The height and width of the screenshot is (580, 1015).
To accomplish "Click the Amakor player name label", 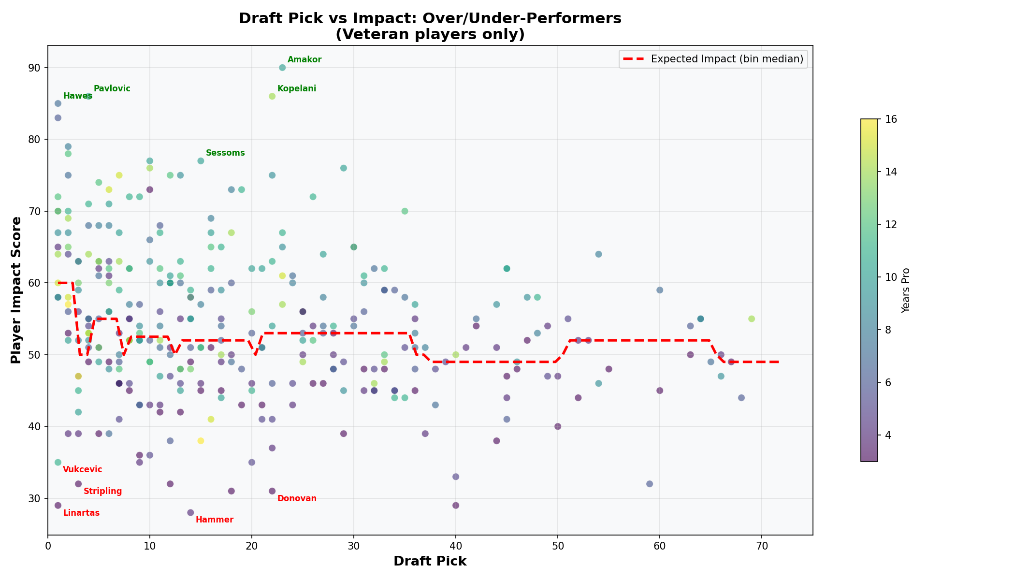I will coord(304,60).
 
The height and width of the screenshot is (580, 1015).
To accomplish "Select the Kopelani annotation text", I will coord(296,89).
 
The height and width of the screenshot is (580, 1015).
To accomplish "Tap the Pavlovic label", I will coord(112,89).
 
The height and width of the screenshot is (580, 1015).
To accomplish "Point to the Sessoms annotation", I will coord(225,153).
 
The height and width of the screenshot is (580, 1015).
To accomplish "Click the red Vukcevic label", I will coord(82,470).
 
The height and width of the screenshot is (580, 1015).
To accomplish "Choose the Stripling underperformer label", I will coord(102,492).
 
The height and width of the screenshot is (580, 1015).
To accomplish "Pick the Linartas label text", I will coord(81,513).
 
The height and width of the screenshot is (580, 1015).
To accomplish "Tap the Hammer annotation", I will coord(214,520).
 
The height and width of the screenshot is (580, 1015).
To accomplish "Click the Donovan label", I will coord(297,499).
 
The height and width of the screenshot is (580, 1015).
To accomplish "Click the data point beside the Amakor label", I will coord(282,68).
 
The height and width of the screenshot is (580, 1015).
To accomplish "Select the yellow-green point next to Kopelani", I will coord(272,96).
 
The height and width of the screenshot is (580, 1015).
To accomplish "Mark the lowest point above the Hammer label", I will coord(190,513).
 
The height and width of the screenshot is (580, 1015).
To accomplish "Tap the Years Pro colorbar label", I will coord(906,290).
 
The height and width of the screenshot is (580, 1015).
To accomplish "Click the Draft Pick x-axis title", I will coord(430,561).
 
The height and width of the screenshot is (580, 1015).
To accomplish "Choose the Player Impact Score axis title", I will coord(16,290).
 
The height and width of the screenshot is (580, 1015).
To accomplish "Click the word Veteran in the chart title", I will coord(368,35).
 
